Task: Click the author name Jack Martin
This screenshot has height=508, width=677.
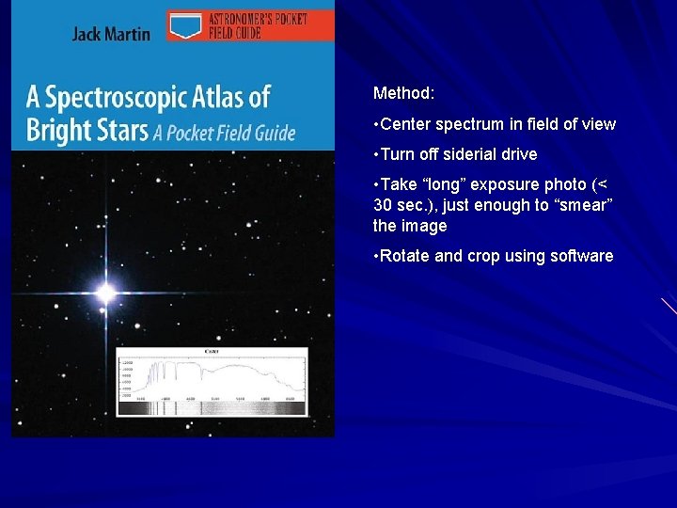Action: point(111,34)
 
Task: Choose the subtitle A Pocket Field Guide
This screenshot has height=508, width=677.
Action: point(225,132)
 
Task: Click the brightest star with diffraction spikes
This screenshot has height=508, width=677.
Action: point(106,294)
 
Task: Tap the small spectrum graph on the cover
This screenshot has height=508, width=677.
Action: point(212,381)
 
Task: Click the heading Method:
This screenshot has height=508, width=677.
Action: point(403,93)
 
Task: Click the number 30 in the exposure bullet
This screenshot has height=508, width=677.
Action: point(382,205)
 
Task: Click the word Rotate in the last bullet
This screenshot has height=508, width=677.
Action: point(406,256)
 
